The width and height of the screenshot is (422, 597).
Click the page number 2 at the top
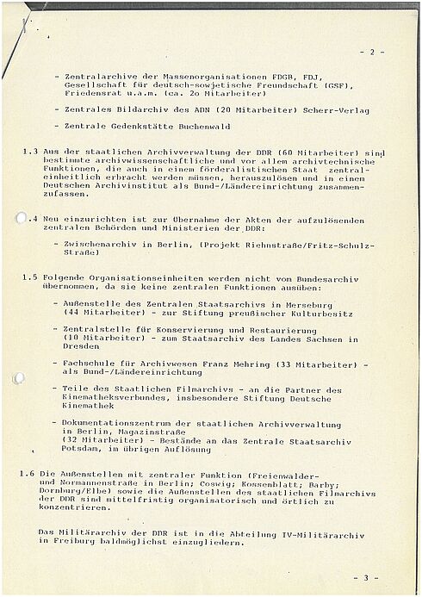coord(372,53)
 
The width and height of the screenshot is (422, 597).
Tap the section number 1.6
coord(31,476)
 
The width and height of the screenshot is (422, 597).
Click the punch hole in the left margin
coord(21,219)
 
